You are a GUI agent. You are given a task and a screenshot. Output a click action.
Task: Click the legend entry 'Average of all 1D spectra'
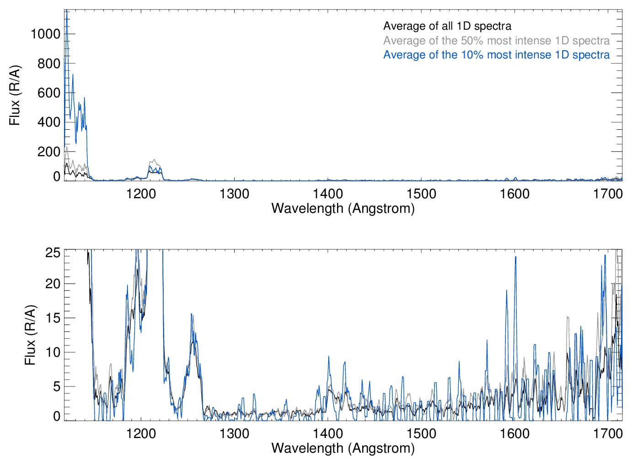click(x=447, y=26)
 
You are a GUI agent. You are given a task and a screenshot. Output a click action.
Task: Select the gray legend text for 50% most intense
click(x=496, y=41)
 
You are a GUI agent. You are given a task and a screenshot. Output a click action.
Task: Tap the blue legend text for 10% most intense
click(x=496, y=55)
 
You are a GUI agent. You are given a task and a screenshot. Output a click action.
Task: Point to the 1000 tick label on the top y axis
click(x=45, y=34)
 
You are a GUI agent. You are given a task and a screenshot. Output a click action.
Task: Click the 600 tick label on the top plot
click(x=49, y=93)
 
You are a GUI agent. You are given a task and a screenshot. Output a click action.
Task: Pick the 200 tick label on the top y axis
click(x=49, y=152)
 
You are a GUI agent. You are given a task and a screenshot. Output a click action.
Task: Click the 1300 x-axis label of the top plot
click(x=234, y=194)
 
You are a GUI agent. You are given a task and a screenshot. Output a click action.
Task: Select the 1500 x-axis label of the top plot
click(x=421, y=194)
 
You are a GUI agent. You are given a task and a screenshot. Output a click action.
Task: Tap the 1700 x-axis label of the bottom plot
click(x=608, y=433)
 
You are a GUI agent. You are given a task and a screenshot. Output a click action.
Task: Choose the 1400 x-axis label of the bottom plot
click(x=328, y=433)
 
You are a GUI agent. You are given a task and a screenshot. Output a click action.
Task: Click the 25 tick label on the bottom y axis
click(x=53, y=253)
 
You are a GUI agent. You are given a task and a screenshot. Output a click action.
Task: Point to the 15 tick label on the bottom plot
click(x=53, y=318)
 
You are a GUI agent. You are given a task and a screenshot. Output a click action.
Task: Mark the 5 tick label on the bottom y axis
click(x=57, y=386)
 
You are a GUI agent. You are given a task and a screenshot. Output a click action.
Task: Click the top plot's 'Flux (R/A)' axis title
click(x=15, y=95)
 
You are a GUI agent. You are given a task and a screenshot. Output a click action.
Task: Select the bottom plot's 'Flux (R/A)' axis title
click(x=30, y=335)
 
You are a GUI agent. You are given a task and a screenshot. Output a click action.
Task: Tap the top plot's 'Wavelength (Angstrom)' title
click(x=343, y=208)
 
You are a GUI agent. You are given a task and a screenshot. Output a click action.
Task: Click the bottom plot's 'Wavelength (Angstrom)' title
click(x=343, y=448)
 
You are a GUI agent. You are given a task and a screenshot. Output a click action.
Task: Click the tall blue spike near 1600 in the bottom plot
click(x=515, y=258)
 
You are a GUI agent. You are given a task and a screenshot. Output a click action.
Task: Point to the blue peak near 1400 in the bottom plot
click(x=328, y=357)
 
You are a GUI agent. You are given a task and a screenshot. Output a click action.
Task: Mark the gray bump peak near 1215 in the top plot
click(x=154, y=160)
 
